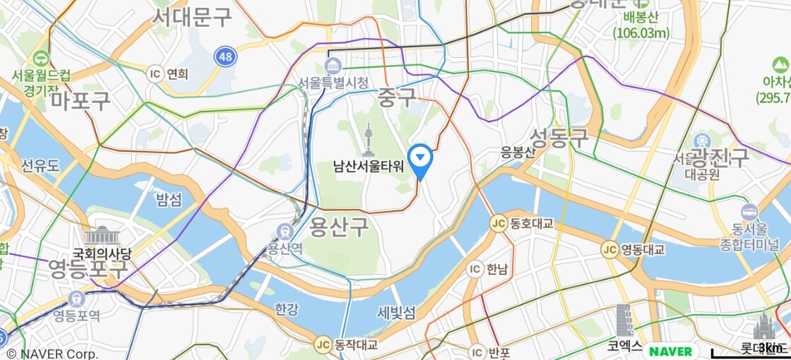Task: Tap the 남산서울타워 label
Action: (369, 167)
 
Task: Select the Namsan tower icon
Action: (368, 140)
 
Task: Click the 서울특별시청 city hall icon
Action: (333, 67)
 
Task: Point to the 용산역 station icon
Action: (285, 232)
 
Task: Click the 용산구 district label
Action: (339, 227)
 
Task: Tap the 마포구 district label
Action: (81, 100)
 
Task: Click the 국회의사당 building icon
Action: (102, 236)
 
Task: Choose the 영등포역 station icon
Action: (76, 299)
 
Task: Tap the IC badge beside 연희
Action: (155, 73)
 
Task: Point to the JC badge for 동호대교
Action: (499, 224)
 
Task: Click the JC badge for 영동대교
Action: (609, 249)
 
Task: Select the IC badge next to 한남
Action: (475, 268)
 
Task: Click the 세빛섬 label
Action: (396, 312)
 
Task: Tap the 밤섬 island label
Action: (169, 200)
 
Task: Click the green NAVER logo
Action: (670, 351)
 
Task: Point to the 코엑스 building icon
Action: (624, 321)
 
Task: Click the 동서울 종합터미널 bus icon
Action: (749, 212)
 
